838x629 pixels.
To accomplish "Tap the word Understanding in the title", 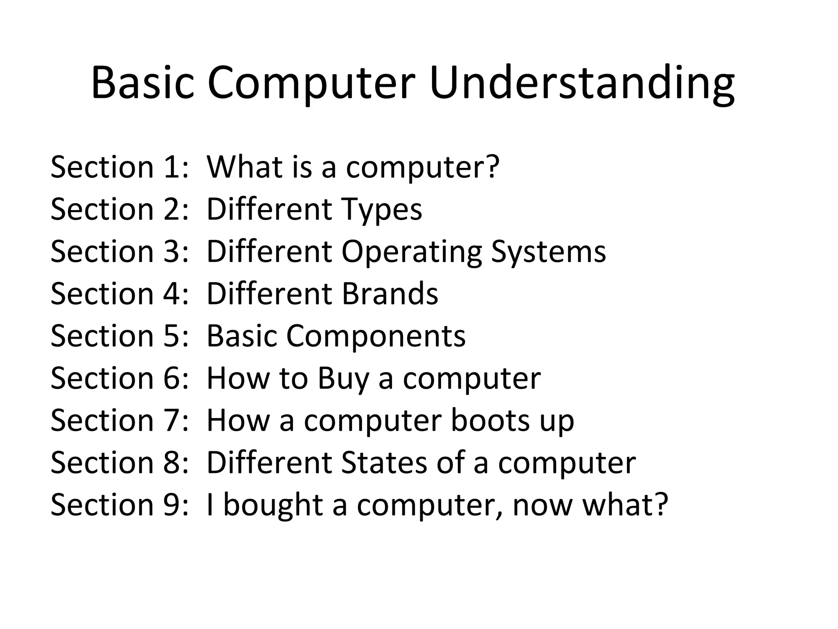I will (x=581, y=83).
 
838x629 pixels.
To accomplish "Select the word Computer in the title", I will (x=311, y=83).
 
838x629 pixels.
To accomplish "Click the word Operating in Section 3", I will (x=412, y=252).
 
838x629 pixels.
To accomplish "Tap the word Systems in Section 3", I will (x=548, y=252).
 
